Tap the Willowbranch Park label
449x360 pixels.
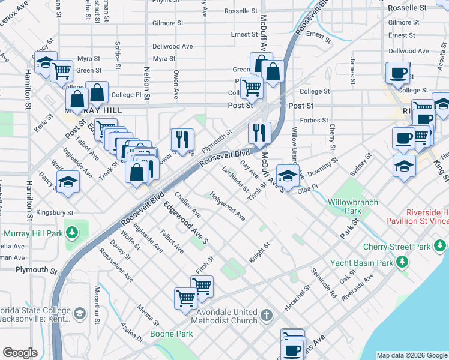(352, 206)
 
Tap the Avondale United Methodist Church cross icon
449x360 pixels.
(267, 314)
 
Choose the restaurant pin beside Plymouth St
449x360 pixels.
(182, 139)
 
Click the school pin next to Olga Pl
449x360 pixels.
(289, 176)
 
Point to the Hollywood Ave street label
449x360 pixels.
(228, 206)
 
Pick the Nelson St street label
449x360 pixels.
(146, 83)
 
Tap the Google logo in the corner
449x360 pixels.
(20, 353)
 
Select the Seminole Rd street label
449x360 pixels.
(324, 283)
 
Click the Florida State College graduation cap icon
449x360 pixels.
(79, 313)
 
